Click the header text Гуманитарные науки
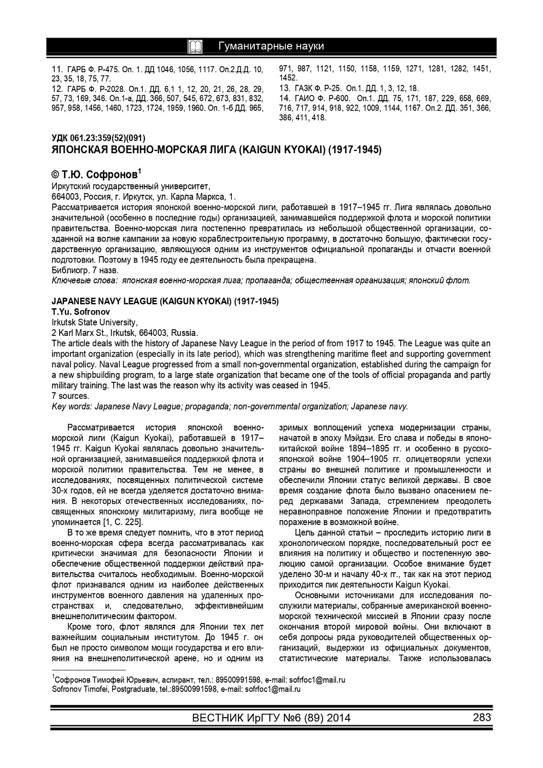point(271,46)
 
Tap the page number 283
point(481,718)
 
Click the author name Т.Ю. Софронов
point(96,176)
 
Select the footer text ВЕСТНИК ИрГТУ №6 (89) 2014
point(271,718)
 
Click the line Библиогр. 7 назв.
point(85,270)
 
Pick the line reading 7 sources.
point(70,396)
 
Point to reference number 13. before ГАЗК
point(284,88)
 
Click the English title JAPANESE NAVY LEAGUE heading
point(165,301)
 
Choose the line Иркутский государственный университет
point(131,186)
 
